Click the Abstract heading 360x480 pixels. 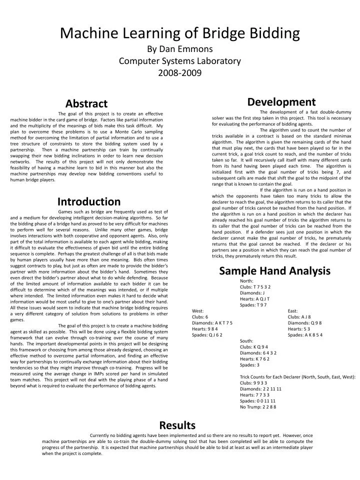pos(86,103)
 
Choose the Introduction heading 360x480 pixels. pos(88,201)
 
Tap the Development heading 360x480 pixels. pos(281,102)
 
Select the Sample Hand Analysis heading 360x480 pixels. pos(274,271)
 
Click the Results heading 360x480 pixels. pos(177,425)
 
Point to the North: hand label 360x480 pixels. pos(246,281)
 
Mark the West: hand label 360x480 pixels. pos(198,311)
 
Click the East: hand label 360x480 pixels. pos(293,311)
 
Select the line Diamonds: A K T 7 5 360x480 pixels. pos(212,323)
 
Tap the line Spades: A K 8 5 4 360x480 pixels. pos(305,335)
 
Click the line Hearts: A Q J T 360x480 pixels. pos(255,299)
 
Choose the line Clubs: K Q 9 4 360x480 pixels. pos(254,347)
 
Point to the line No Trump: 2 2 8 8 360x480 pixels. pos(258,407)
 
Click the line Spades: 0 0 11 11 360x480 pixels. pos(257,401)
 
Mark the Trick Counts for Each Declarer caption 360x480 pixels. pos(297,377)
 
